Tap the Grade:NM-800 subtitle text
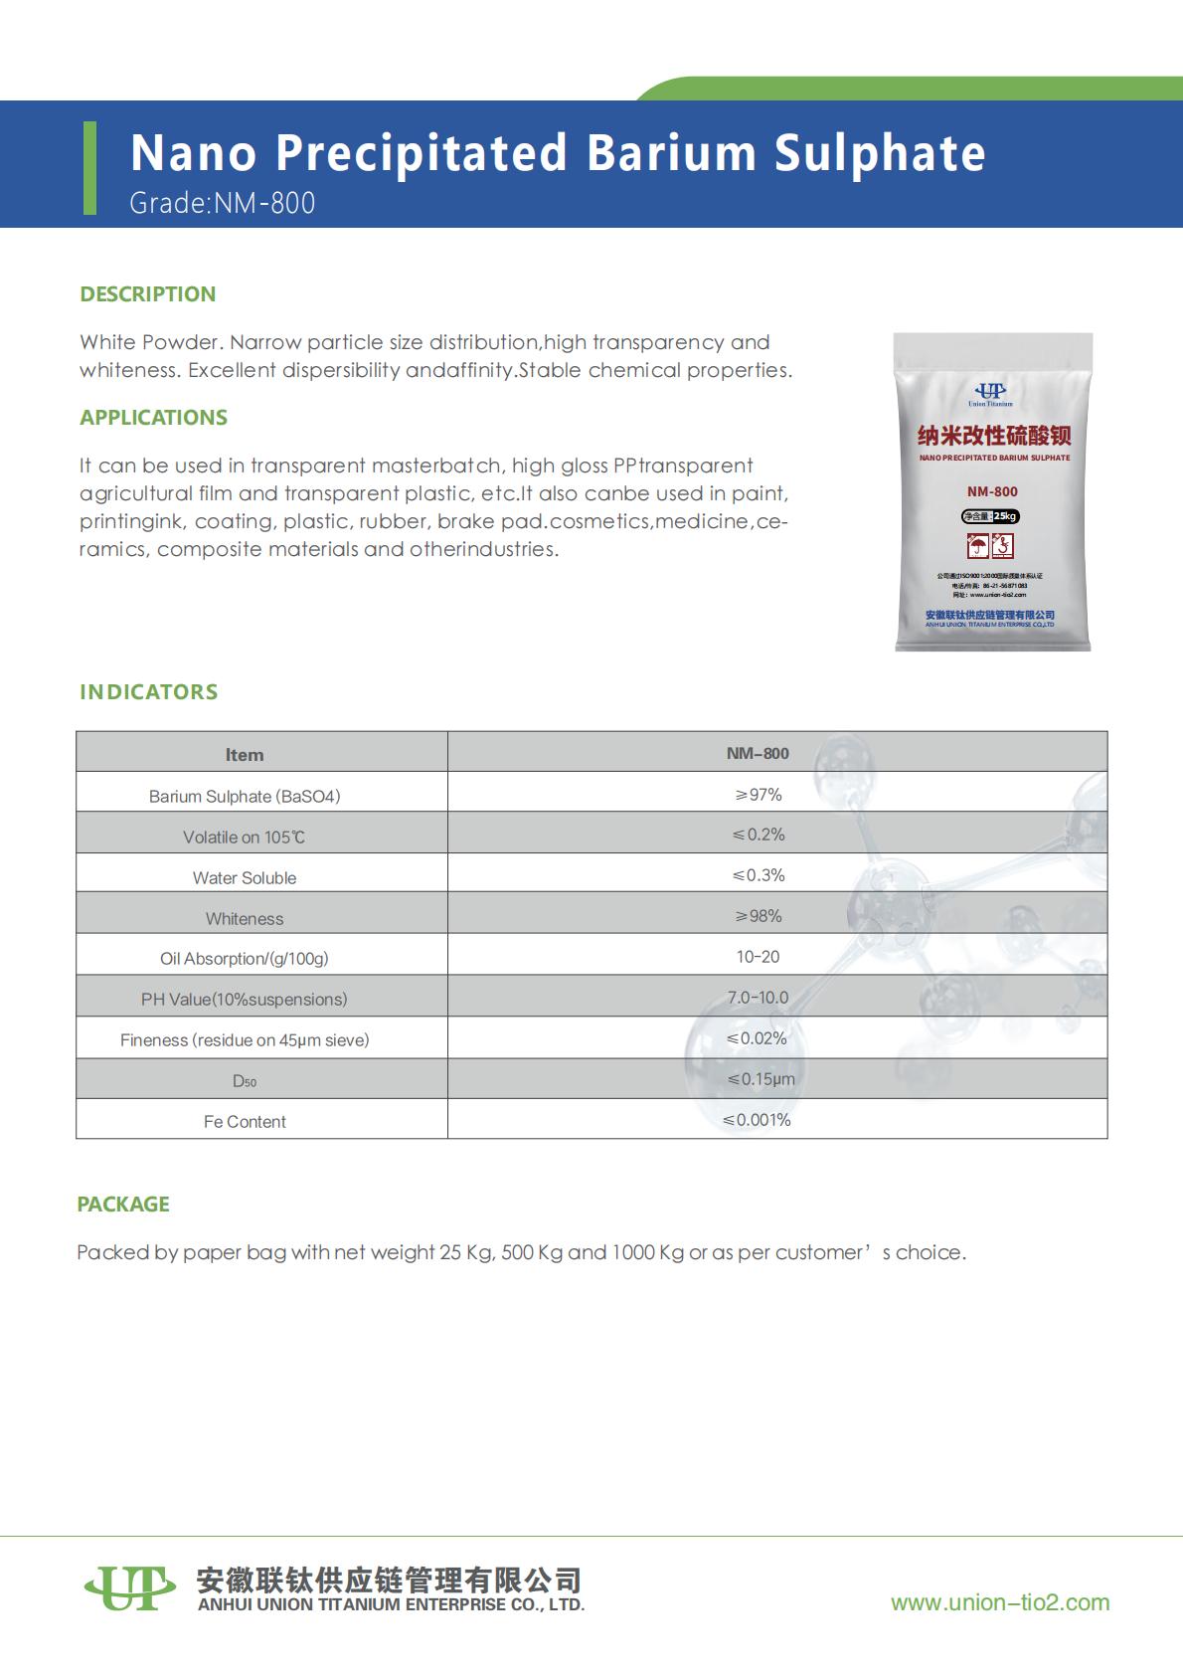click(223, 203)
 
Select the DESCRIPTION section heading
click(148, 294)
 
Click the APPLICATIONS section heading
click(154, 418)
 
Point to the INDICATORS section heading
click(149, 692)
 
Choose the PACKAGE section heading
click(123, 1205)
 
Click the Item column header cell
click(245, 755)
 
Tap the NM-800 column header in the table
click(758, 753)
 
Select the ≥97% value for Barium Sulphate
click(758, 795)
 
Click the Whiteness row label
click(245, 919)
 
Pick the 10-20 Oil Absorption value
click(758, 957)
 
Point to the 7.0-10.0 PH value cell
click(758, 998)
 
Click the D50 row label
click(245, 1081)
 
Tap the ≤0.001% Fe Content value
click(758, 1120)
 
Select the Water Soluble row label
click(245, 878)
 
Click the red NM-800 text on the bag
click(992, 491)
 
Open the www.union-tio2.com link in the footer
click(1000, 1602)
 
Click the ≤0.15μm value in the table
click(760, 1079)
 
